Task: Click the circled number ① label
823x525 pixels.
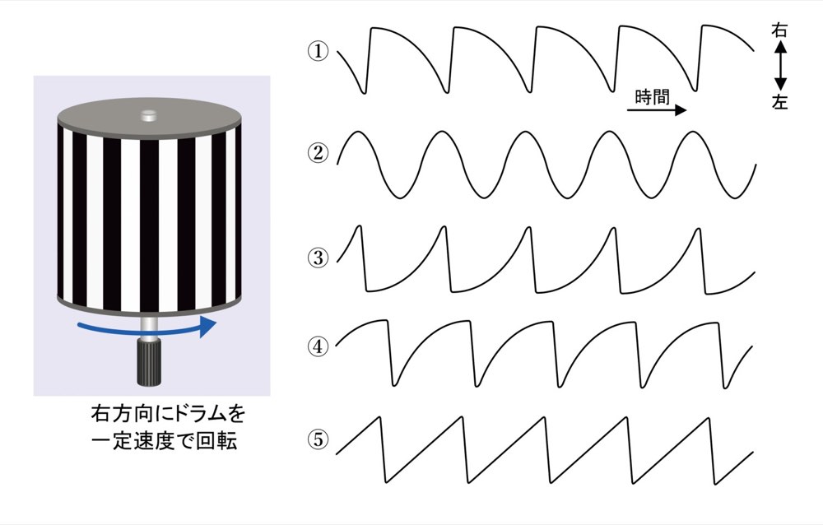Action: click(x=318, y=52)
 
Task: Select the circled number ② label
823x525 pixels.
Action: click(x=318, y=153)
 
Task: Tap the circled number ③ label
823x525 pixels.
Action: click(x=318, y=258)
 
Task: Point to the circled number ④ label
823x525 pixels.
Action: click(x=318, y=346)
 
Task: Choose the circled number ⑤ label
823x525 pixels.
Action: click(x=318, y=439)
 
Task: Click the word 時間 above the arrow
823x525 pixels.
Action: click(x=653, y=96)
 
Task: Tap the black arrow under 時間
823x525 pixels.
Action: click(x=657, y=110)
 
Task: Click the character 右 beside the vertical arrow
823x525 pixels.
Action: click(x=779, y=30)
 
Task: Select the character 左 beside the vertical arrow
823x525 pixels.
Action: click(x=779, y=101)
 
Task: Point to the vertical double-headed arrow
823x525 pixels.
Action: click(x=780, y=66)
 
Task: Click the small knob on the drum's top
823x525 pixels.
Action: click(x=149, y=114)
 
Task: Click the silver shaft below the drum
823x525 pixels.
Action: click(x=148, y=327)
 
